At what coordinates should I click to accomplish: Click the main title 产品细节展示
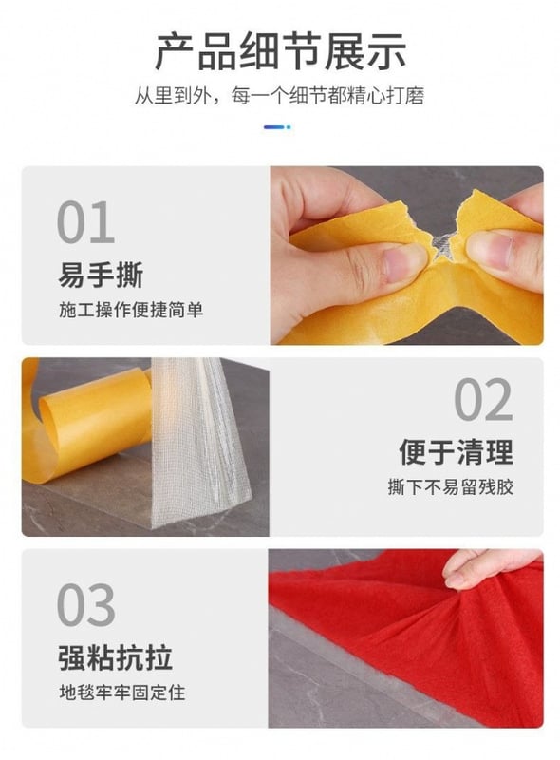pos(280,51)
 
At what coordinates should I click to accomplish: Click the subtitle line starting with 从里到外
pos(279,96)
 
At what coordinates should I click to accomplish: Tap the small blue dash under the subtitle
pos(277,127)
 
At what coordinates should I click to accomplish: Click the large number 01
pos(85,222)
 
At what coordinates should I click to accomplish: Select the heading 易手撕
pos(101,275)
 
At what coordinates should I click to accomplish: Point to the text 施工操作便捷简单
pos(131,310)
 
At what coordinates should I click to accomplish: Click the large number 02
pos(483,399)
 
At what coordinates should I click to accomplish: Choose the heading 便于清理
pos(456,452)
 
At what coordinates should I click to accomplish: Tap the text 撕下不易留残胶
pos(451,486)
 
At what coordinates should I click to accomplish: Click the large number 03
pos(85,605)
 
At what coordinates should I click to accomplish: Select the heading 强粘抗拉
pos(115,657)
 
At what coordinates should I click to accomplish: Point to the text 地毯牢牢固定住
pos(122,693)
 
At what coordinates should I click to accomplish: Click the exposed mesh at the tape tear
pos(442,246)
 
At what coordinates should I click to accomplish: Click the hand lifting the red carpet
pos(494,568)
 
